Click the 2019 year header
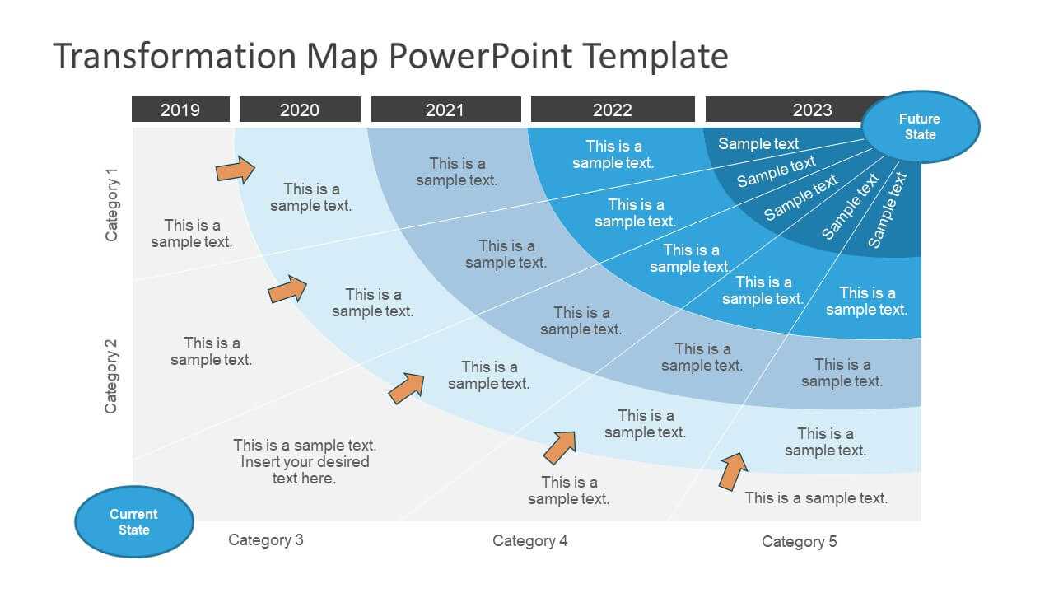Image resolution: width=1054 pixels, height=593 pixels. [180, 110]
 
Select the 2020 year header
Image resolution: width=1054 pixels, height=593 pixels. [301, 110]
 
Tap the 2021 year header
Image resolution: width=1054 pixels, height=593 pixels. [446, 110]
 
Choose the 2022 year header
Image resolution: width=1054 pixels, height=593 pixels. [613, 110]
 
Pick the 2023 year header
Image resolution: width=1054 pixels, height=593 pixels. [790, 110]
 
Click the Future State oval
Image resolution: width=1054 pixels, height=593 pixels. [921, 127]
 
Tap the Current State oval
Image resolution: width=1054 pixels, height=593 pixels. [134, 522]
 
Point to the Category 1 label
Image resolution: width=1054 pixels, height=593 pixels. [111, 205]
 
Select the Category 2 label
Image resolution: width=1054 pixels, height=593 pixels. [111, 376]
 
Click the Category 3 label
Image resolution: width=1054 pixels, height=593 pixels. [266, 539]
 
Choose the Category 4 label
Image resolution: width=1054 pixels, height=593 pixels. [530, 541]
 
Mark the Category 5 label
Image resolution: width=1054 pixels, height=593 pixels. [800, 542]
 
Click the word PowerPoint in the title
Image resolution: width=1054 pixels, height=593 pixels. [480, 56]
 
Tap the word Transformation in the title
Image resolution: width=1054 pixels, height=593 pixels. [175, 56]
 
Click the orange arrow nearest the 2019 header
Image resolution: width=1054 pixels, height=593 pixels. [236, 170]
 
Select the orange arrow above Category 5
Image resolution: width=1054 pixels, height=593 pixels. [733, 471]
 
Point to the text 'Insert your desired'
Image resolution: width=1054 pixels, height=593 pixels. [305, 462]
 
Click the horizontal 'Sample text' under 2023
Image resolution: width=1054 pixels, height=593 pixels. [758, 143]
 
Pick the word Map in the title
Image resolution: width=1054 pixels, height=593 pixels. [343, 56]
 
